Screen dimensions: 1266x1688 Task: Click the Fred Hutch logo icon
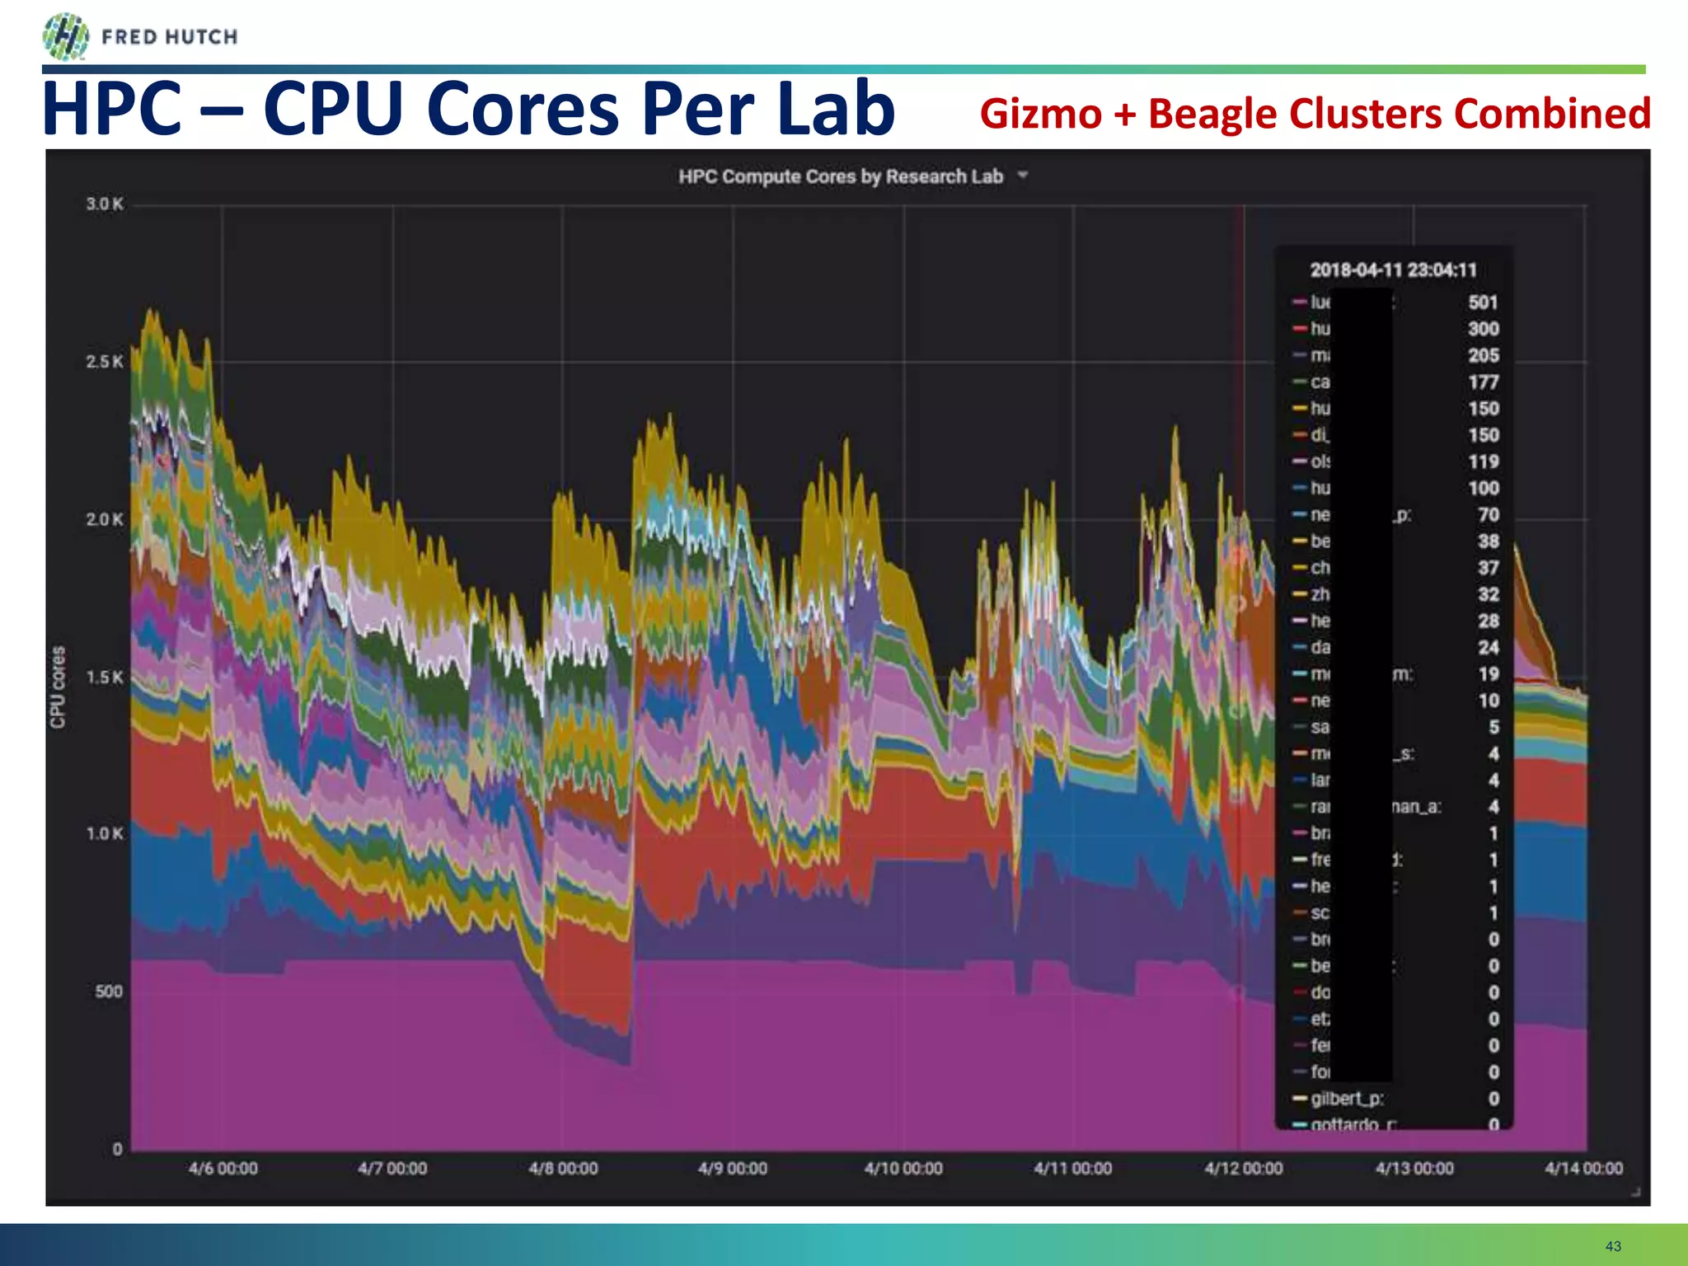[65, 37]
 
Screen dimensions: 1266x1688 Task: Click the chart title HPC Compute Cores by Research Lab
[841, 176]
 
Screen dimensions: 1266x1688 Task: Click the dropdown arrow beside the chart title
[1023, 175]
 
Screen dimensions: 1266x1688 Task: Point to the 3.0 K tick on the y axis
[105, 204]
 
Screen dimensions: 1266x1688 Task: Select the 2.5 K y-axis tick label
[105, 362]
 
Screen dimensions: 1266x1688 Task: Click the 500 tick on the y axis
[109, 992]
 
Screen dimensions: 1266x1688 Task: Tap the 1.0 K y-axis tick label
[105, 834]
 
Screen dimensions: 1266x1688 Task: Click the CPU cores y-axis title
[58, 687]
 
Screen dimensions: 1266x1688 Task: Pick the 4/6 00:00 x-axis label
[223, 1169]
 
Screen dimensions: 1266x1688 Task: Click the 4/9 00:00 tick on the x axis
[733, 1169]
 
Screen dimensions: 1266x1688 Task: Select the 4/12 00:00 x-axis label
[1244, 1169]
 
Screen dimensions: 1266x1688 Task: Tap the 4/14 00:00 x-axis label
[1583, 1169]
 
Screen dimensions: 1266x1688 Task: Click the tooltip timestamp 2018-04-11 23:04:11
[1393, 270]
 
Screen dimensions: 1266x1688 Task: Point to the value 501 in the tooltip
[1483, 302]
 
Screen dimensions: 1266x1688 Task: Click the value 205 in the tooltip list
[1483, 355]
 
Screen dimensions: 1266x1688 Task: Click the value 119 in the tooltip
[1483, 462]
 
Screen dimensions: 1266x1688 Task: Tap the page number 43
[1613, 1246]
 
